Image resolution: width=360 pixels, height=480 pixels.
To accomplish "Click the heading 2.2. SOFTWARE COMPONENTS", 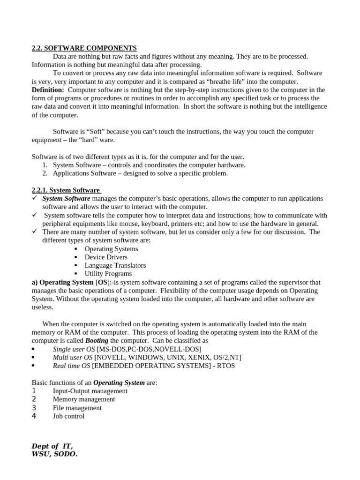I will point(84,48).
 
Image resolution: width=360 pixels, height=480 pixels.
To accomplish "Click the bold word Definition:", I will point(48,90).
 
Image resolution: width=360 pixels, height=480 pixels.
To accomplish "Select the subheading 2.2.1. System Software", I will point(66,190).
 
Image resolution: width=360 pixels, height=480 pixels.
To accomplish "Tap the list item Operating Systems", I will point(111,249).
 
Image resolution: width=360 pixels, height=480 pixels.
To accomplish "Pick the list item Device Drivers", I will point(106,257).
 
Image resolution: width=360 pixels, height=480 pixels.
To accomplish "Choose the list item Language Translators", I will point(115,265).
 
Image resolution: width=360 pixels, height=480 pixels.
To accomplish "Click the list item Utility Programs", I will point(108,274).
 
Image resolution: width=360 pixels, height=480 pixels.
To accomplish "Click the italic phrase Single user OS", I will point(74,349).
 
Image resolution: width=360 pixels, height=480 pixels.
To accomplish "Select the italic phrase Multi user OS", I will point(73,358).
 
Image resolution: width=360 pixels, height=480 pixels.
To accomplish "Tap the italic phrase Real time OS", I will point(72,366).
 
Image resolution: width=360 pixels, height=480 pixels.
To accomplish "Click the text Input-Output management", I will point(90,391).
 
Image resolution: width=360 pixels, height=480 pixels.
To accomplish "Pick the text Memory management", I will point(84,399).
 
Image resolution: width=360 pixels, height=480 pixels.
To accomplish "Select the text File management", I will point(77,408).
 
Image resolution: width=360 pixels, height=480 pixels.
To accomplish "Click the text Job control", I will point(69,416).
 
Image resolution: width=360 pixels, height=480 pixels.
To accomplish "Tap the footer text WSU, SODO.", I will point(54,454).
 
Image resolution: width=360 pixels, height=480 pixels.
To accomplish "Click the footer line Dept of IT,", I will point(52,446).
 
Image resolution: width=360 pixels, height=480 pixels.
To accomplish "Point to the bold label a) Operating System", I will point(62,283).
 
